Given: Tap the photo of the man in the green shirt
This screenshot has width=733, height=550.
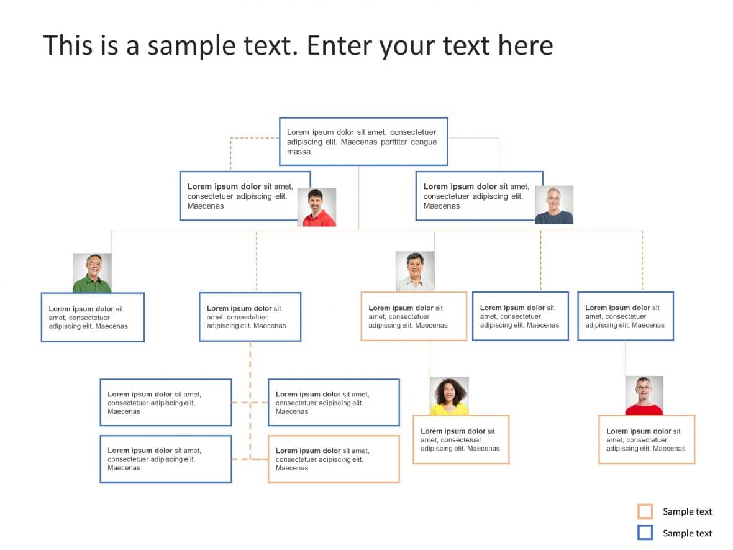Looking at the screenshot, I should [x=92, y=273].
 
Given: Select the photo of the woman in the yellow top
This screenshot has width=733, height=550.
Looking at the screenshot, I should [x=449, y=396].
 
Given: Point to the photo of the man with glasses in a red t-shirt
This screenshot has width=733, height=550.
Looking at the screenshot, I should [x=644, y=395].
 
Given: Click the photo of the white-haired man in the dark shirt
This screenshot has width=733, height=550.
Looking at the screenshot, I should [x=553, y=204].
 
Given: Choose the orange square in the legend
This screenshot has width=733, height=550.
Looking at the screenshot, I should [x=645, y=511].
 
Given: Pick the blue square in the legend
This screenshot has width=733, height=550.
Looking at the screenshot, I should [x=645, y=533].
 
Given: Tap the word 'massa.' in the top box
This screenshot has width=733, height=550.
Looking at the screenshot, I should [x=299, y=152].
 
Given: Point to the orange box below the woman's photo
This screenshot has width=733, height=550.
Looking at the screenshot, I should [x=460, y=439].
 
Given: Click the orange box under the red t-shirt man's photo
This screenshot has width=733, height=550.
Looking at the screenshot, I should [x=646, y=439].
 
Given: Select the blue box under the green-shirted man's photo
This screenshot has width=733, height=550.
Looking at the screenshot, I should [x=93, y=317].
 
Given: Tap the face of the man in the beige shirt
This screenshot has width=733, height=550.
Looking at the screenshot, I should [x=415, y=265].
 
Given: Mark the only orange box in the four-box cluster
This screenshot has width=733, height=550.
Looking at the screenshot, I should [x=333, y=459].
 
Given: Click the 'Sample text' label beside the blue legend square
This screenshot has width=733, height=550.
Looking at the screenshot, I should [x=687, y=533].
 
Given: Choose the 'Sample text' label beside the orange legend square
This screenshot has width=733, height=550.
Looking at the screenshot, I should [x=687, y=512].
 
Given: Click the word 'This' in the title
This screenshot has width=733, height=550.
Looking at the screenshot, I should [x=69, y=46].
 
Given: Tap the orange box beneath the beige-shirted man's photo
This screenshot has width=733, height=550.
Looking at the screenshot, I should [x=413, y=316].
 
